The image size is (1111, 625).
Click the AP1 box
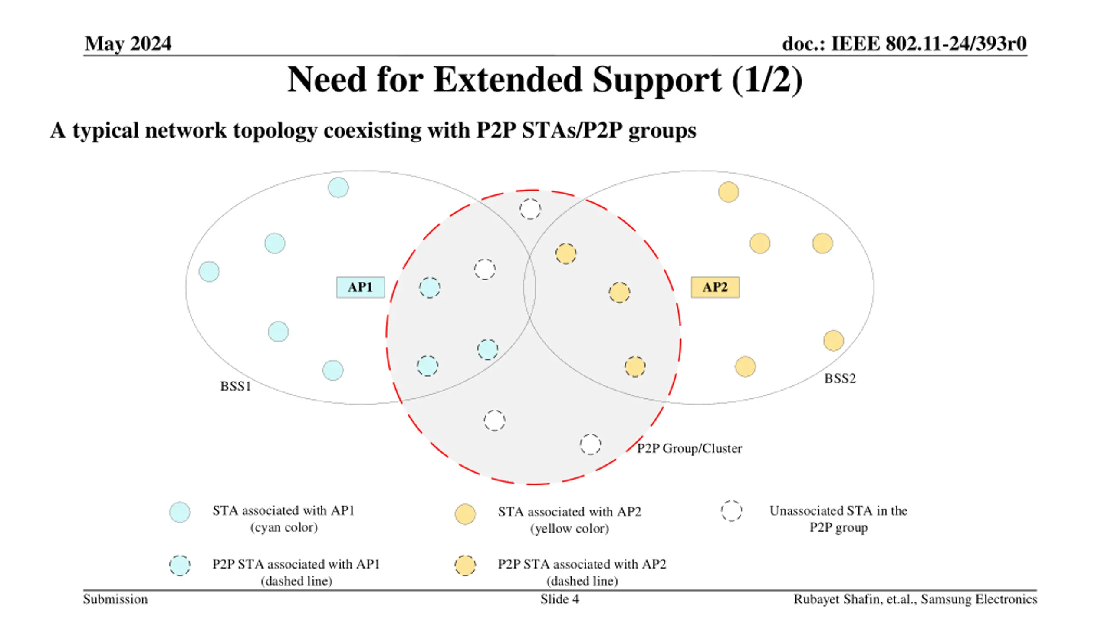pyautogui.click(x=360, y=287)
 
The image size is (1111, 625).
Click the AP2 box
pyautogui.click(x=715, y=287)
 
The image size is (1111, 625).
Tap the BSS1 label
pyautogui.click(x=236, y=386)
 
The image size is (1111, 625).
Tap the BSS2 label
pyautogui.click(x=840, y=378)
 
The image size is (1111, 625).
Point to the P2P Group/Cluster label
pyautogui.click(x=689, y=448)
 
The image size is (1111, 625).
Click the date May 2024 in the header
pyautogui.click(x=128, y=43)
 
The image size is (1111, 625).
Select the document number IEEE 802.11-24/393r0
pyautogui.click(x=928, y=43)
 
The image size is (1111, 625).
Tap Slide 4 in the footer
pyautogui.click(x=559, y=599)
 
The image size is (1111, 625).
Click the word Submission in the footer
pyautogui.click(x=115, y=599)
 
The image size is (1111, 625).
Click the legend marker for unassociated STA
pyautogui.click(x=731, y=511)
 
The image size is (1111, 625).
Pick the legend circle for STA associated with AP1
pyautogui.click(x=180, y=512)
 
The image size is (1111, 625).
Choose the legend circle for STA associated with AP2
pyautogui.click(x=465, y=514)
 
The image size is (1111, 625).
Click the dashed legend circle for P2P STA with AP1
pyautogui.click(x=180, y=566)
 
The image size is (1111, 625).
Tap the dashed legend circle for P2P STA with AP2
pyautogui.click(x=465, y=566)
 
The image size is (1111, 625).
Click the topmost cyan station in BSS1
pyautogui.click(x=338, y=187)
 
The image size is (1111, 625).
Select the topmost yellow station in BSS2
pyautogui.click(x=728, y=192)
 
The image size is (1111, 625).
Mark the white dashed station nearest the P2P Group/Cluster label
pyautogui.click(x=590, y=444)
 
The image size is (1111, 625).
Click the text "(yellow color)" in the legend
pyautogui.click(x=569, y=529)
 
